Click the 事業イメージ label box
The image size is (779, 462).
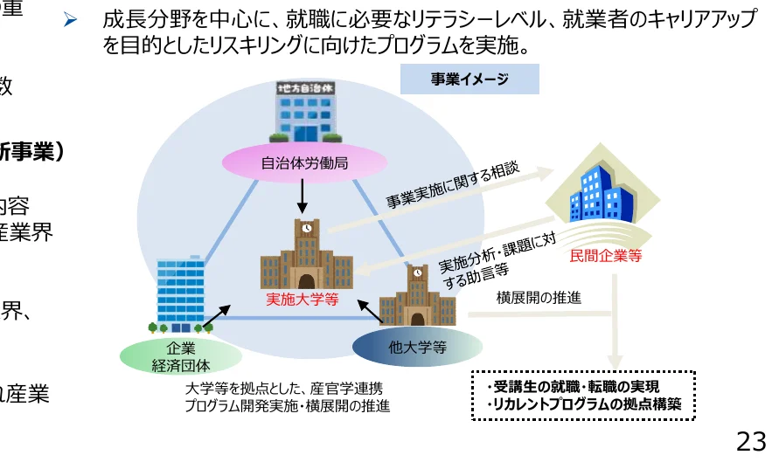tap(469, 79)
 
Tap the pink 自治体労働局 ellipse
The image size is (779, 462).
tap(304, 163)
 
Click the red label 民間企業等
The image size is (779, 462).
tap(605, 256)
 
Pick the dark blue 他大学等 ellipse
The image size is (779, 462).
tap(417, 347)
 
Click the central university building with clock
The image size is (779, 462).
tap(306, 255)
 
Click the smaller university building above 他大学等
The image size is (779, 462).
tap(418, 295)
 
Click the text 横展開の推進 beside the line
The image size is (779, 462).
tap(539, 298)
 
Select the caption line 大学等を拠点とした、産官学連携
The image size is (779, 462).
tap(283, 389)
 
